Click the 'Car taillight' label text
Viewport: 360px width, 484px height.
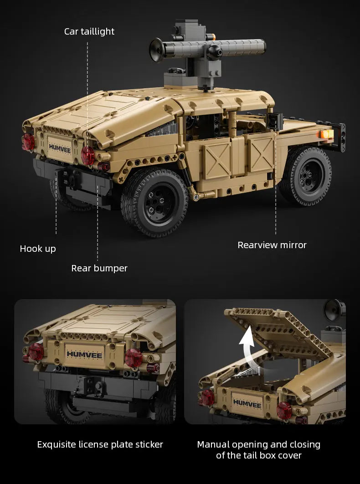[x=89, y=31]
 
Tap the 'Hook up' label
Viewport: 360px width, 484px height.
[x=38, y=249]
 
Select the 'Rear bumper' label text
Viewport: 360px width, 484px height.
[x=99, y=268]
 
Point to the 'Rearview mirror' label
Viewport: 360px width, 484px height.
[x=272, y=245]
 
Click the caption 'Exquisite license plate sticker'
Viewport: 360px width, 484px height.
[x=100, y=444]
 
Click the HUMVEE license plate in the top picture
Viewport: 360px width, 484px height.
[x=60, y=146]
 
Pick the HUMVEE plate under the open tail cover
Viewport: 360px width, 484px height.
[x=248, y=402]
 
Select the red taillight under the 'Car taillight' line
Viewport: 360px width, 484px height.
[x=87, y=155]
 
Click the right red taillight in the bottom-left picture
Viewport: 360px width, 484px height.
[x=134, y=358]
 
